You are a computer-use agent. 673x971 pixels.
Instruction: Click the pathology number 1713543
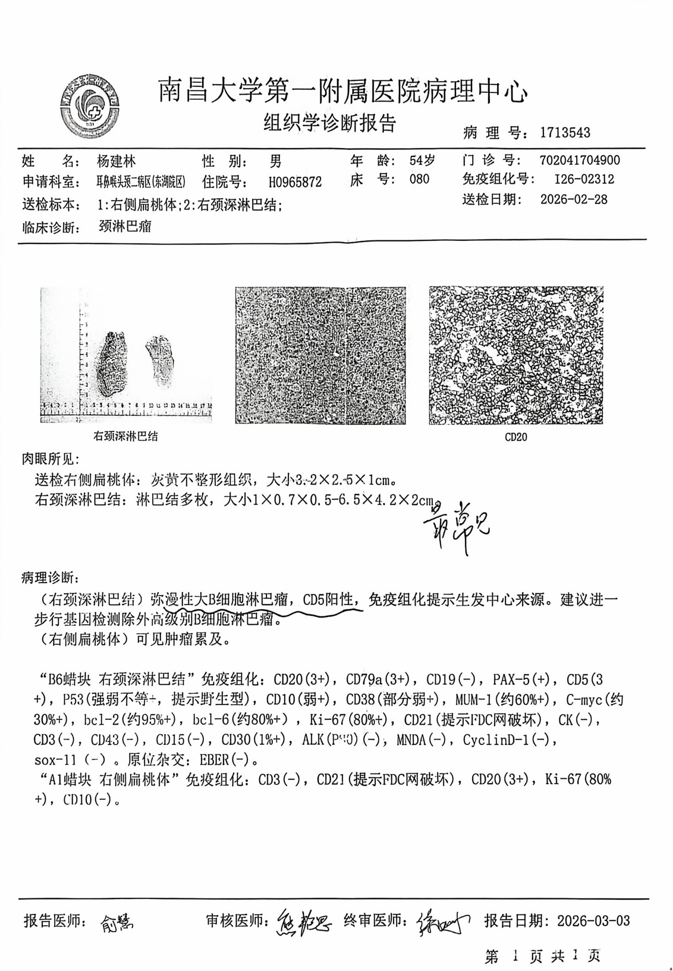[x=565, y=133]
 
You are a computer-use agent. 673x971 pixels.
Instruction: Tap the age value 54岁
[x=422, y=160]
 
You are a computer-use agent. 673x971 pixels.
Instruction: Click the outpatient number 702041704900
[x=580, y=160]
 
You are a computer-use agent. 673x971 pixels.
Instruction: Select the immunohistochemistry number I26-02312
[x=584, y=179]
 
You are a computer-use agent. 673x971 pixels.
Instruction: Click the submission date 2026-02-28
[x=574, y=199]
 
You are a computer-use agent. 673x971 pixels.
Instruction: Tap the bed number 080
[x=419, y=179]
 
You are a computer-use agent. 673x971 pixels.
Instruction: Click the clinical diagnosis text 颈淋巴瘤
[x=125, y=226]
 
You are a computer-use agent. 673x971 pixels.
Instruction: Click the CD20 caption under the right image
[x=515, y=437]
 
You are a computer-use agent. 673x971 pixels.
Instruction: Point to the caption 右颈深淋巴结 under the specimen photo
[x=125, y=436]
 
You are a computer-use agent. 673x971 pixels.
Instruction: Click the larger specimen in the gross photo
[x=114, y=364]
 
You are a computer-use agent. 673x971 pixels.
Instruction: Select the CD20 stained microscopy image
[x=515, y=355]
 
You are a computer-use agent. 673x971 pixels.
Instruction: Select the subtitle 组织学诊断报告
[x=330, y=123]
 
